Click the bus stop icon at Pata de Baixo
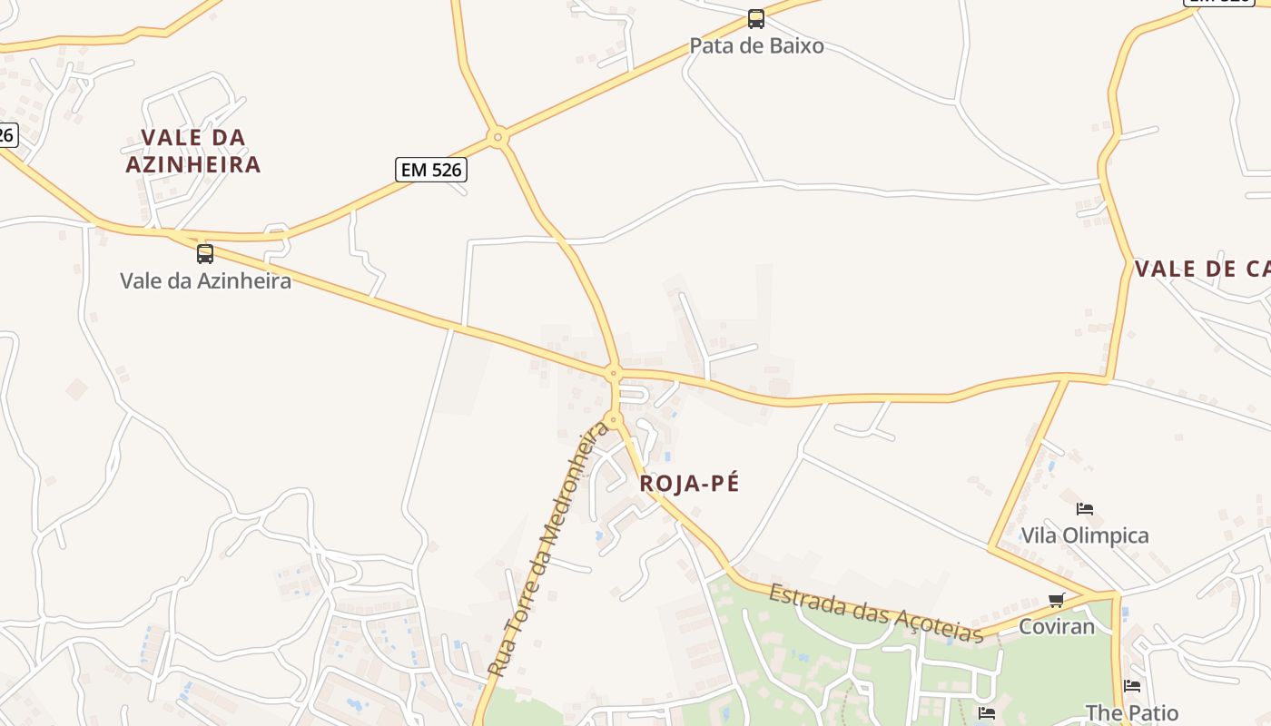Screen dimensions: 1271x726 click(755, 18)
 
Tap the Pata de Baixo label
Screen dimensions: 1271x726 click(756, 45)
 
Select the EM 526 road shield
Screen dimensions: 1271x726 click(431, 169)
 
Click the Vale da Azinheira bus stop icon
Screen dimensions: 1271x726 click(205, 253)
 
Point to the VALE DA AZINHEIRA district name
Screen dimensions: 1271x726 click(193, 151)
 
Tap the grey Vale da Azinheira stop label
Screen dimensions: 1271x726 click(205, 280)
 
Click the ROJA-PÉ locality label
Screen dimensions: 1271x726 click(689, 484)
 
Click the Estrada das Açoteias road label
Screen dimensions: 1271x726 click(876, 613)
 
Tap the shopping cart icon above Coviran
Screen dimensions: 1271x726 click(1056, 600)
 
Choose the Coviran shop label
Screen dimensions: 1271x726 click(1056, 626)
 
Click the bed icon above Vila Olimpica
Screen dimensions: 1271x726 click(1084, 508)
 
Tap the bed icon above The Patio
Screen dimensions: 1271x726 click(1131, 686)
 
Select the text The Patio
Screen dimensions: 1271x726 click(1131, 712)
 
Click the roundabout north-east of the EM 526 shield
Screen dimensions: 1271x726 click(497, 138)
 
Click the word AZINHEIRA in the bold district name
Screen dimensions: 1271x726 click(193, 164)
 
